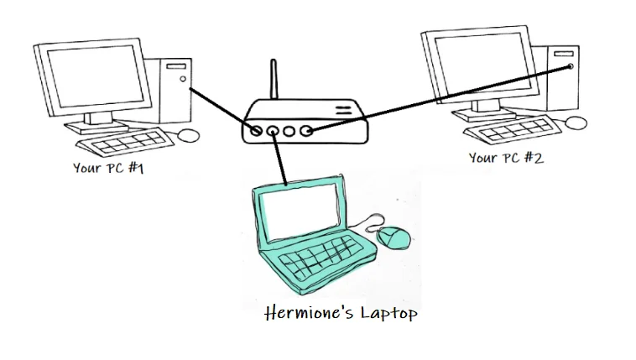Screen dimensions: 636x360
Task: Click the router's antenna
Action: [274, 79]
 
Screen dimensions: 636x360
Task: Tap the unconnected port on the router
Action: [289, 131]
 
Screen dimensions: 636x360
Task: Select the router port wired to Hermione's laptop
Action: [273, 131]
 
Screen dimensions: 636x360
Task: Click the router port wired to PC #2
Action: [305, 131]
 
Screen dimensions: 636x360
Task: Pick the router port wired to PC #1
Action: [256, 131]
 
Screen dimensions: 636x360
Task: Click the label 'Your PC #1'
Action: [108, 168]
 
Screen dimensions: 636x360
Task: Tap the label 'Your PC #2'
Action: [506, 158]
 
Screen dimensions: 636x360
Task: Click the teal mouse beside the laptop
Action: [393, 237]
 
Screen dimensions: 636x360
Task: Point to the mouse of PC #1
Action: [189, 135]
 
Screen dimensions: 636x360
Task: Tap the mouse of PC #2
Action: [576, 123]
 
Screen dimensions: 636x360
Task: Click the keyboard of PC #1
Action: [125, 143]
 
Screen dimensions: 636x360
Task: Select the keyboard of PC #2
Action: [513, 129]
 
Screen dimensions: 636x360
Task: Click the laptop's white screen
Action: [300, 212]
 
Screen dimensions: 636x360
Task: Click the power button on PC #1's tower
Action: [183, 79]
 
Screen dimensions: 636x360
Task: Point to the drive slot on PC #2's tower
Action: [564, 54]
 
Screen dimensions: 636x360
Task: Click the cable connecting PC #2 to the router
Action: [440, 98]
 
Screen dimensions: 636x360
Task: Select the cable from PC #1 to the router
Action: [222, 109]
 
